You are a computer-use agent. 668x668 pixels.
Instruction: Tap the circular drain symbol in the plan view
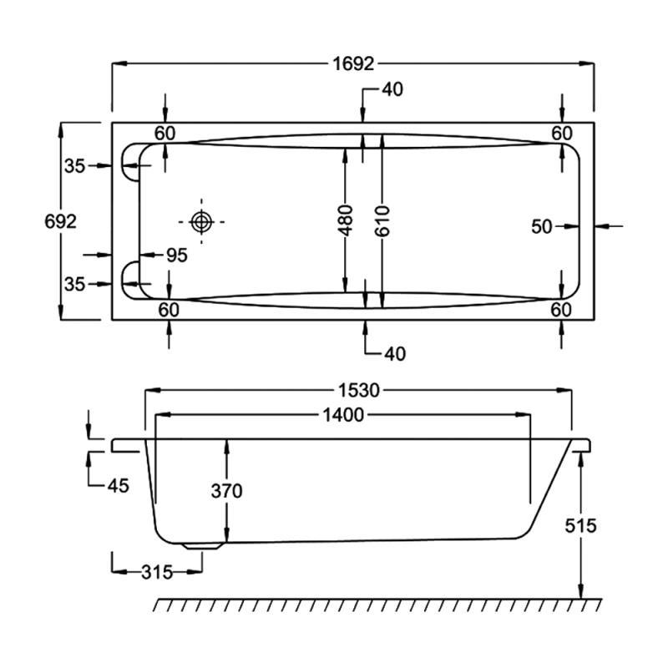pos(201,221)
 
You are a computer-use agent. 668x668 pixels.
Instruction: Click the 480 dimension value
pos(346,221)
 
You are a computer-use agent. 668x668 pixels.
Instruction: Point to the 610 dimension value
pos(382,221)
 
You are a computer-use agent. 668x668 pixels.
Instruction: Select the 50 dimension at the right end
pos(544,225)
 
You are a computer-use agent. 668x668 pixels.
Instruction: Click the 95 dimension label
pos(176,256)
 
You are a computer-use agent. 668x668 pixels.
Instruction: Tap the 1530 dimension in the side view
pos(359,390)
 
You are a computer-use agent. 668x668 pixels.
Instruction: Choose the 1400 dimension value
pos(342,415)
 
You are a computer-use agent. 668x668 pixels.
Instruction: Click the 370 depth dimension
pos(225,491)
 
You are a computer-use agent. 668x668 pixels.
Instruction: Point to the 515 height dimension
pos(580,525)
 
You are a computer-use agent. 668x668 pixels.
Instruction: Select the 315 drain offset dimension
pos(156,572)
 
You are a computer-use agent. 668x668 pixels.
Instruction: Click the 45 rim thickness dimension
pos(117,486)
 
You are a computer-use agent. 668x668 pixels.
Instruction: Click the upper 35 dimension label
pos(75,166)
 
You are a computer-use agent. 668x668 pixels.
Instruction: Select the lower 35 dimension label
pos(75,285)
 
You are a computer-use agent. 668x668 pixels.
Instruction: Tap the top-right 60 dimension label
pos(561,133)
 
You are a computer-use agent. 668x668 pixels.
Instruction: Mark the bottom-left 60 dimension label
pos(169,310)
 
